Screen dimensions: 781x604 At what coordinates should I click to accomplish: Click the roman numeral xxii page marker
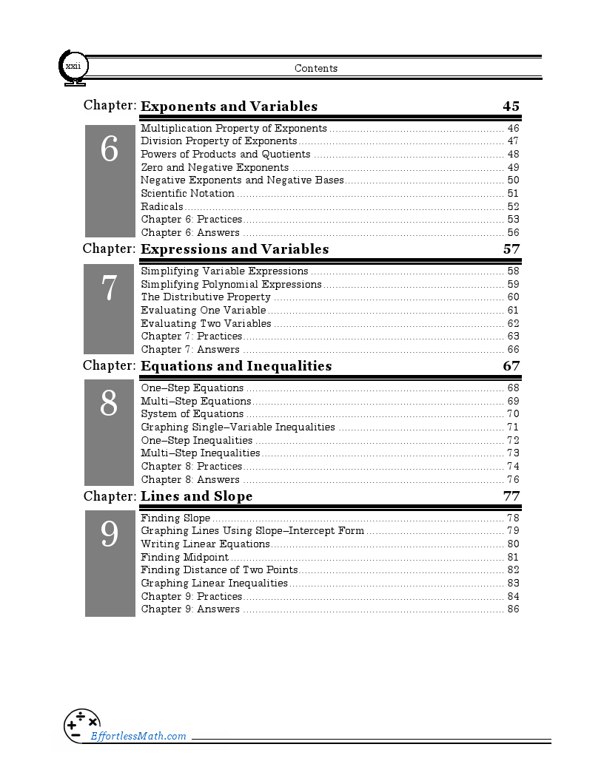click(x=73, y=67)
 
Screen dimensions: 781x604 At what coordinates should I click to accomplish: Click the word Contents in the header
click(x=316, y=69)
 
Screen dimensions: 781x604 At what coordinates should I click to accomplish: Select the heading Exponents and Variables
click(x=229, y=106)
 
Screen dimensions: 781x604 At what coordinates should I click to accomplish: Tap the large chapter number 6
click(x=110, y=151)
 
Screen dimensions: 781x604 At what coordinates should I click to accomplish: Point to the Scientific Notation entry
click(x=187, y=194)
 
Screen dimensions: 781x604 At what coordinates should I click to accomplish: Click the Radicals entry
click(x=162, y=207)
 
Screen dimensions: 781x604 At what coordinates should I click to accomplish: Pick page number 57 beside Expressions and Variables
click(x=511, y=249)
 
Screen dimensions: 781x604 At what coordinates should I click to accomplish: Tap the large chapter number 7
click(x=110, y=288)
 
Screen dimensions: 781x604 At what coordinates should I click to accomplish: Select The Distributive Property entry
click(x=206, y=297)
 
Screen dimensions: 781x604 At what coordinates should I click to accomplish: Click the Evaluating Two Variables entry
click(x=206, y=323)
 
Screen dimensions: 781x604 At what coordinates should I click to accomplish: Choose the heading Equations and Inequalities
click(x=236, y=366)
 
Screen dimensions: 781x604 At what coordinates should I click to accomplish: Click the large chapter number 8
click(x=110, y=404)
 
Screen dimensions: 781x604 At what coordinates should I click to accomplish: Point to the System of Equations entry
click(x=192, y=414)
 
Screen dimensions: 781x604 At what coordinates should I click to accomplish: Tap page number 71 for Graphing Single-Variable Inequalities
click(x=513, y=427)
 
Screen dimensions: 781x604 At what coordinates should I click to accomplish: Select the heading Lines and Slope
click(x=196, y=496)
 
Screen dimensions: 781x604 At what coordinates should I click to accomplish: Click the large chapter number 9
click(x=110, y=535)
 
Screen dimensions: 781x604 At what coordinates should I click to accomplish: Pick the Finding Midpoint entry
click(x=184, y=558)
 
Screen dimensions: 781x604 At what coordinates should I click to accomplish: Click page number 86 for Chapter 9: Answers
click(x=513, y=609)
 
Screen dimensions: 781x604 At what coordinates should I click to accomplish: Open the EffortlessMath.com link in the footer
click(x=138, y=736)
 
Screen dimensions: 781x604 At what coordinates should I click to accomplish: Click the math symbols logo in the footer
click(x=81, y=725)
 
